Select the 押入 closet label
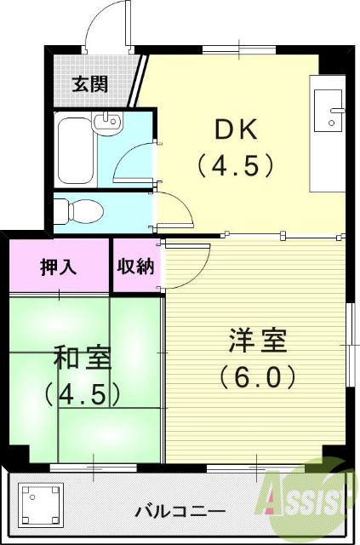point(59,267)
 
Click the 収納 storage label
point(136,267)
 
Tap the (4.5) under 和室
point(83,393)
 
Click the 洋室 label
point(257,341)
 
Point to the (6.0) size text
point(257,376)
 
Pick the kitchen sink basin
point(328,109)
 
